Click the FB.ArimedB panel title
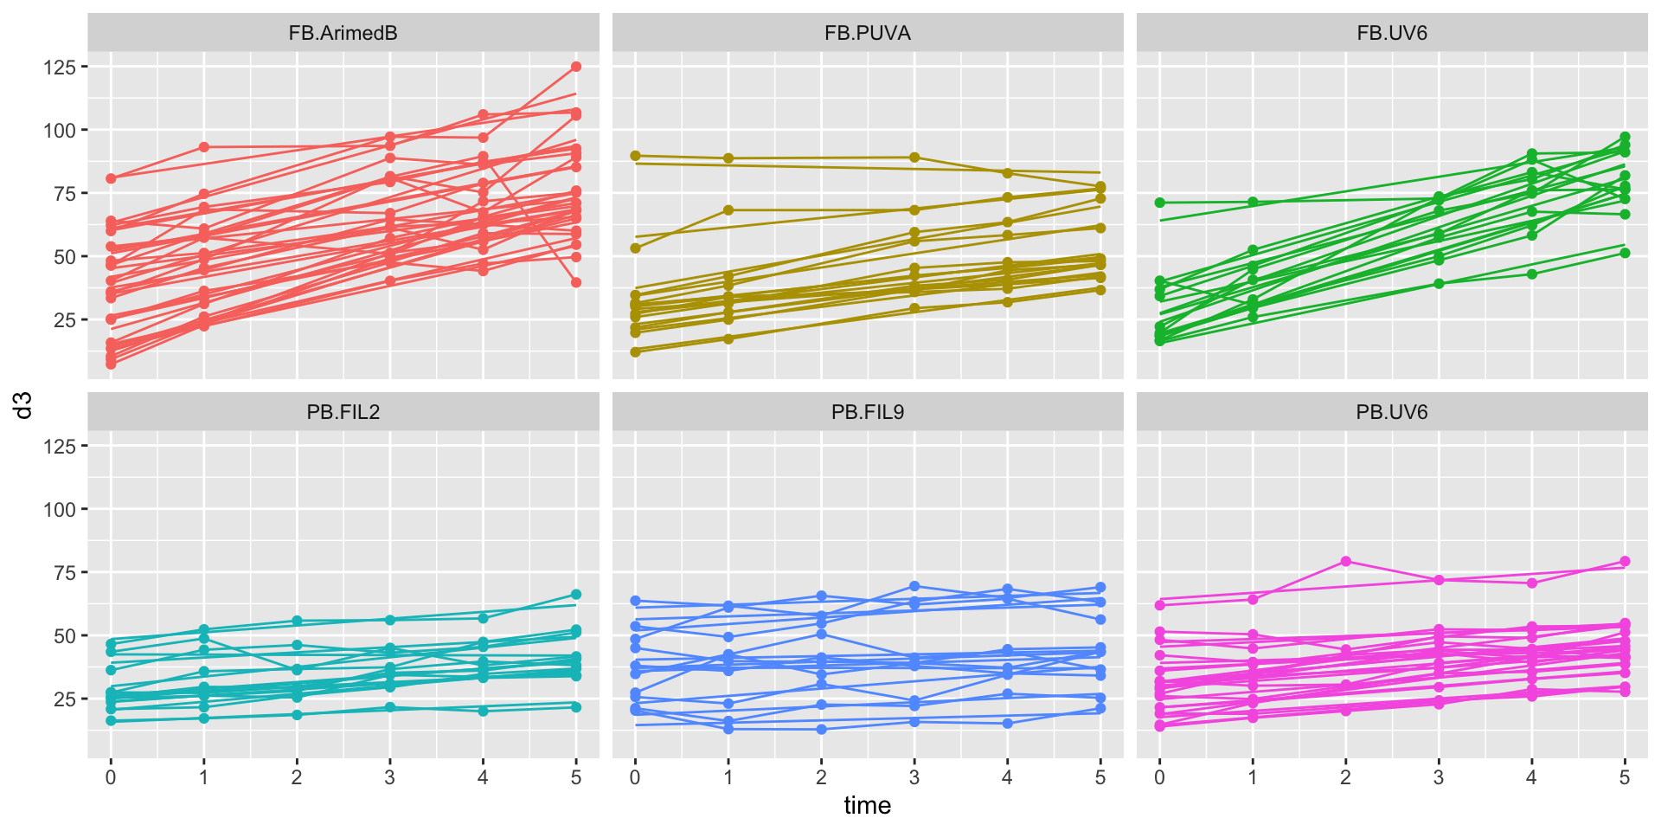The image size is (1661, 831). (x=343, y=33)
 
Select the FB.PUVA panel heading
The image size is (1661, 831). (x=867, y=33)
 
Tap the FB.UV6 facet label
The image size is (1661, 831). (x=1391, y=33)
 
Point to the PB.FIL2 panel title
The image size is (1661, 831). (x=343, y=412)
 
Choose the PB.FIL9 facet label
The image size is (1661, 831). (x=867, y=412)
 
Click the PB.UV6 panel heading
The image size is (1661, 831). (x=1391, y=412)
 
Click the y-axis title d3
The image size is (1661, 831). (x=24, y=405)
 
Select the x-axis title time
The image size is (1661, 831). (x=867, y=806)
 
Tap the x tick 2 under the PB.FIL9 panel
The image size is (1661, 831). (x=821, y=777)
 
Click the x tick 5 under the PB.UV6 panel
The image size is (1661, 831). (x=1624, y=777)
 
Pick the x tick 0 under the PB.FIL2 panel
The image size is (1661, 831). (x=111, y=777)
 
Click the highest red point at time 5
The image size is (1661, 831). (x=576, y=67)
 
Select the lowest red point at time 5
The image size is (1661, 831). (x=576, y=282)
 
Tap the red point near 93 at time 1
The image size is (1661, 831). (x=204, y=147)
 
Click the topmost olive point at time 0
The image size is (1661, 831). (x=635, y=156)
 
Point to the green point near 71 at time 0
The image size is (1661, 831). (x=1160, y=203)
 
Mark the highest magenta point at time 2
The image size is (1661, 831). (x=1345, y=562)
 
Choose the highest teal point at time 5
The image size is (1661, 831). (x=576, y=595)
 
